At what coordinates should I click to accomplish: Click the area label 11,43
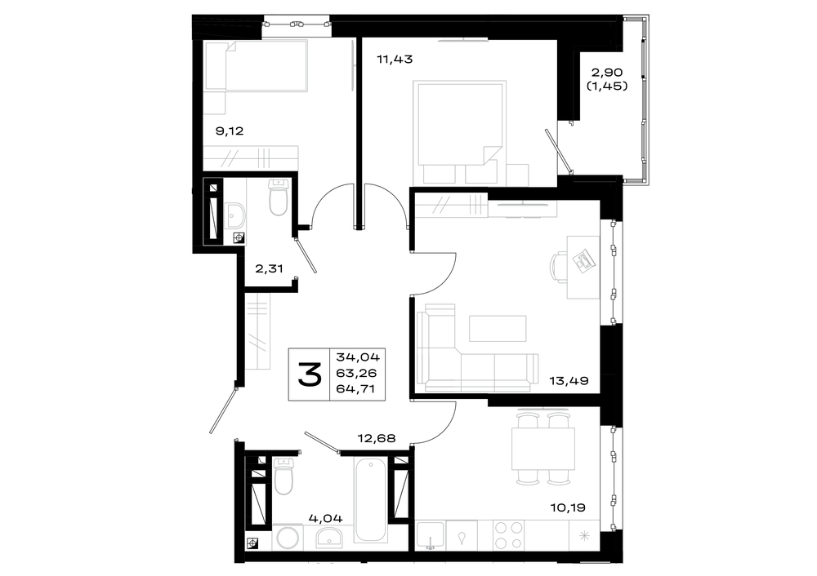coord(395,60)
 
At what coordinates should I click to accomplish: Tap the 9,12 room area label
coord(230,131)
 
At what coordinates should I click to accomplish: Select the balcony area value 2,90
coord(607,73)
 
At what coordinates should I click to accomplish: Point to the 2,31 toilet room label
coord(269,268)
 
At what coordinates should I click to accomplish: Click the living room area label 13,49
coord(569,381)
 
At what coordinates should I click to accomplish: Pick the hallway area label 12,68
coord(376,438)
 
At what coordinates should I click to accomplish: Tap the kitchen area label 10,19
coord(568,507)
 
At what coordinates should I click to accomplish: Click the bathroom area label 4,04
coord(326,518)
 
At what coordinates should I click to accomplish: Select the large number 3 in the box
coord(310,374)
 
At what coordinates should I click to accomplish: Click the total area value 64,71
coord(356,388)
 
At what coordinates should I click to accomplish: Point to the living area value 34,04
coord(358,357)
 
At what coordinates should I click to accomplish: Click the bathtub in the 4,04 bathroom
coord(370,500)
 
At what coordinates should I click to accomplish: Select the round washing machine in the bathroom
coord(288,538)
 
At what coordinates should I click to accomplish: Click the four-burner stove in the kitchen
coord(508,535)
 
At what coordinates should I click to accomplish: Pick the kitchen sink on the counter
coord(431,535)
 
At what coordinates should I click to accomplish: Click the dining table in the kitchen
coord(543,449)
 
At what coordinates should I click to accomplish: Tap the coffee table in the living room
coord(498,328)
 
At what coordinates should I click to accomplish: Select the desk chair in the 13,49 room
coord(558,267)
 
